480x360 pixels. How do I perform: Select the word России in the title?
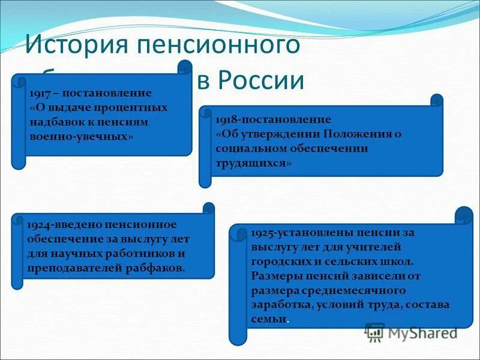[260, 81]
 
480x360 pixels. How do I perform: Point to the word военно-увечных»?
[81, 137]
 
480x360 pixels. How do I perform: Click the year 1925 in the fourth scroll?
[263, 232]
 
